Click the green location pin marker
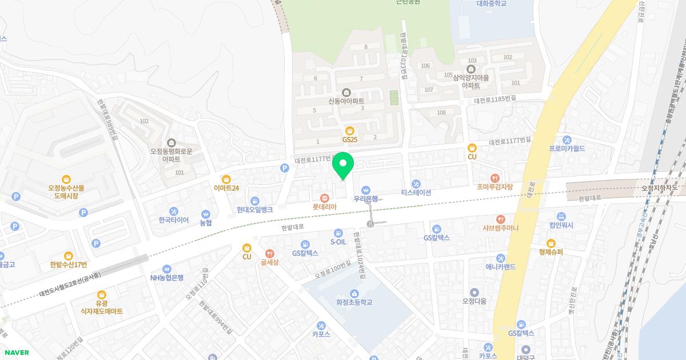[x=343, y=166]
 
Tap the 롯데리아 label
[x=324, y=207]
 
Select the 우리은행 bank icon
[x=366, y=190]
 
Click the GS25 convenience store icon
[x=350, y=130]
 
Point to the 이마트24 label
[x=226, y=188]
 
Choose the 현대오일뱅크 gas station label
[x=255, y=210]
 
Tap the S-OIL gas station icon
[x=338, y=233]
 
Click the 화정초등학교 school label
[x=354, y=302]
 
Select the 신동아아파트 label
[x=346, y=101]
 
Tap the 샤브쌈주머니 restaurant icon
[x=501, y=219]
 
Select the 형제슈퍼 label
[x=551, y=252]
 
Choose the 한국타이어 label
[x=174, y=220]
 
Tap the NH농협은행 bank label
[x=167, y=278]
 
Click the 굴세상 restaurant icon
[x=269, y=254]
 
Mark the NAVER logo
[x=16, y=353]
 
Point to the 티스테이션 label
[x=416, y=193]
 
